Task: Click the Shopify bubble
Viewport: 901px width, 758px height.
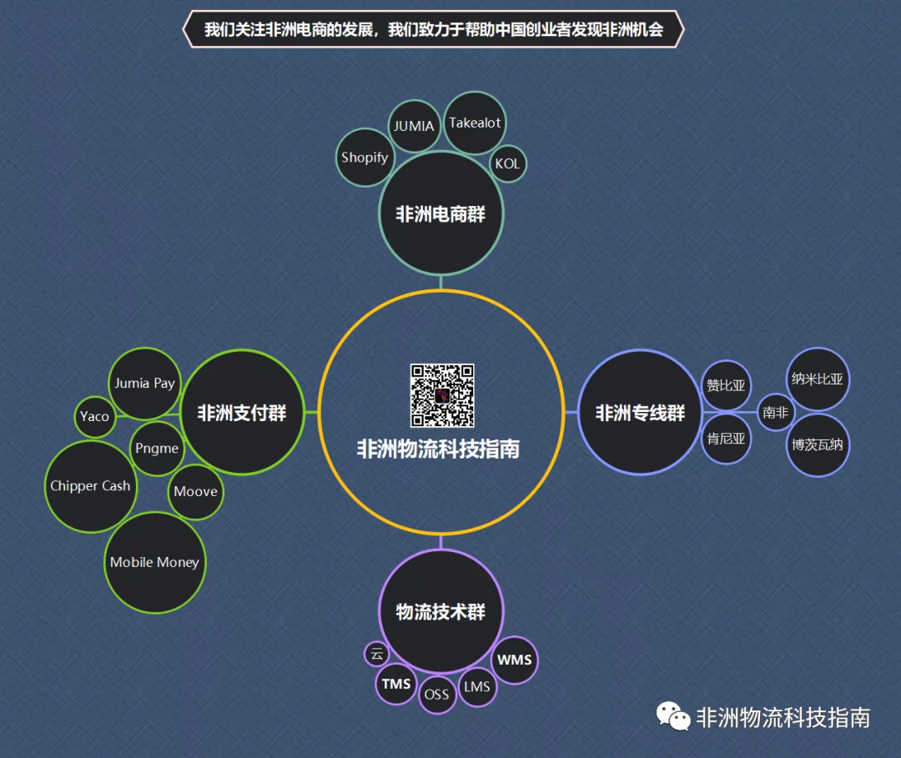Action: pos(365,157)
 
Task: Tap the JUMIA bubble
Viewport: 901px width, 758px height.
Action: pos(414,126)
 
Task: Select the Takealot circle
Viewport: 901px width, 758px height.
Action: pos(475,123)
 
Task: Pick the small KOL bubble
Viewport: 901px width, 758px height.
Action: pos(507,163)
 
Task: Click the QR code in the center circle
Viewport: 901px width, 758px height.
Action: pos(441,395)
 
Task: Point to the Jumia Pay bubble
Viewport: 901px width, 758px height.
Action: pos(145,384)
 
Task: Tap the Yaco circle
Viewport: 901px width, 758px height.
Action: pos(94,416)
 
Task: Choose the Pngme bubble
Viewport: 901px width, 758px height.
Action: pos(157,448)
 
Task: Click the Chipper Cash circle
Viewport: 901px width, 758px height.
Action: pos(90,486)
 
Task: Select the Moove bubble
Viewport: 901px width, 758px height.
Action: pos(195,491)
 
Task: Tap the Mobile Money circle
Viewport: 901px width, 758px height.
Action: pos(154,562)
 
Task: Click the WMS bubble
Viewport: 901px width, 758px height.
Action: pos(514,660)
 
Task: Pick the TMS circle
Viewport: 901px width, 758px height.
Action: pos(396,684)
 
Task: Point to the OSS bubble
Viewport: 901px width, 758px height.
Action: pos(436,694)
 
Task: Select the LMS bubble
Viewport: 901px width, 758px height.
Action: pos(477,687)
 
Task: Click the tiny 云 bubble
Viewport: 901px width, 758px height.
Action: pos(376,653)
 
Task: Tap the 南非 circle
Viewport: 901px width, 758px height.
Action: pos(775,412)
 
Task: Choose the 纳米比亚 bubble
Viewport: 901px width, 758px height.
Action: pos(818,379)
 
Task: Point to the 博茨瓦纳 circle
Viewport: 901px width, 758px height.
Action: pos(818,444)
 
